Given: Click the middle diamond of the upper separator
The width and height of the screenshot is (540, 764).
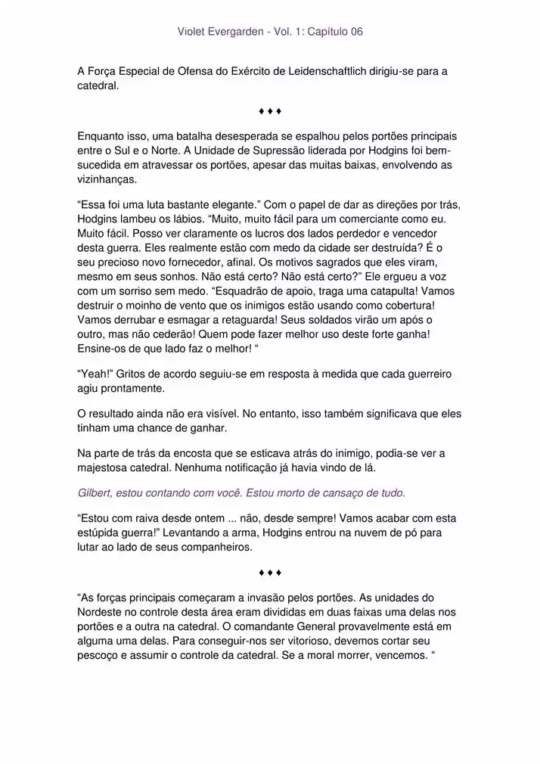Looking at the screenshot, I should tap(270, 112).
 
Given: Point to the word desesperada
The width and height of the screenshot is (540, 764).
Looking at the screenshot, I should tap(250, 137).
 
